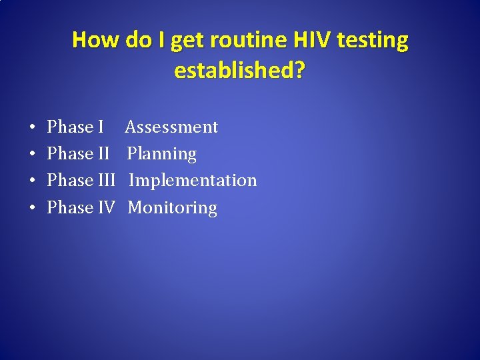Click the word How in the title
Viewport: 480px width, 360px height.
click(94, 41)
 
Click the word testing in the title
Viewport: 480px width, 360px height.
click(373, 41)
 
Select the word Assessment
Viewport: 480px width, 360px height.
click(171, 127)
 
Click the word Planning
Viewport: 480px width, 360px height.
click(162, 154)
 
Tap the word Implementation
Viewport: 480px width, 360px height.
click(193, 181)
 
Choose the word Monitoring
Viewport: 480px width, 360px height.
click(172, 208)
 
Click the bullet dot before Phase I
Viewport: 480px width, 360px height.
click(33, 127)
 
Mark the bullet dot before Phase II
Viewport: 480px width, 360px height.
click(33, 155)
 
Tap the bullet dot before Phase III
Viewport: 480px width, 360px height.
click(33, 181)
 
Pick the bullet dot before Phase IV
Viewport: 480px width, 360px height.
click(33, 209)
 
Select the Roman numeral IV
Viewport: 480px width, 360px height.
click(107, 208)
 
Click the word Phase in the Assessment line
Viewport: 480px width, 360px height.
click(70, 127)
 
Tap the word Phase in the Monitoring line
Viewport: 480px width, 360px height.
click(70, 208)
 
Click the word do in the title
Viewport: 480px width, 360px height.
click(138, 41)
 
